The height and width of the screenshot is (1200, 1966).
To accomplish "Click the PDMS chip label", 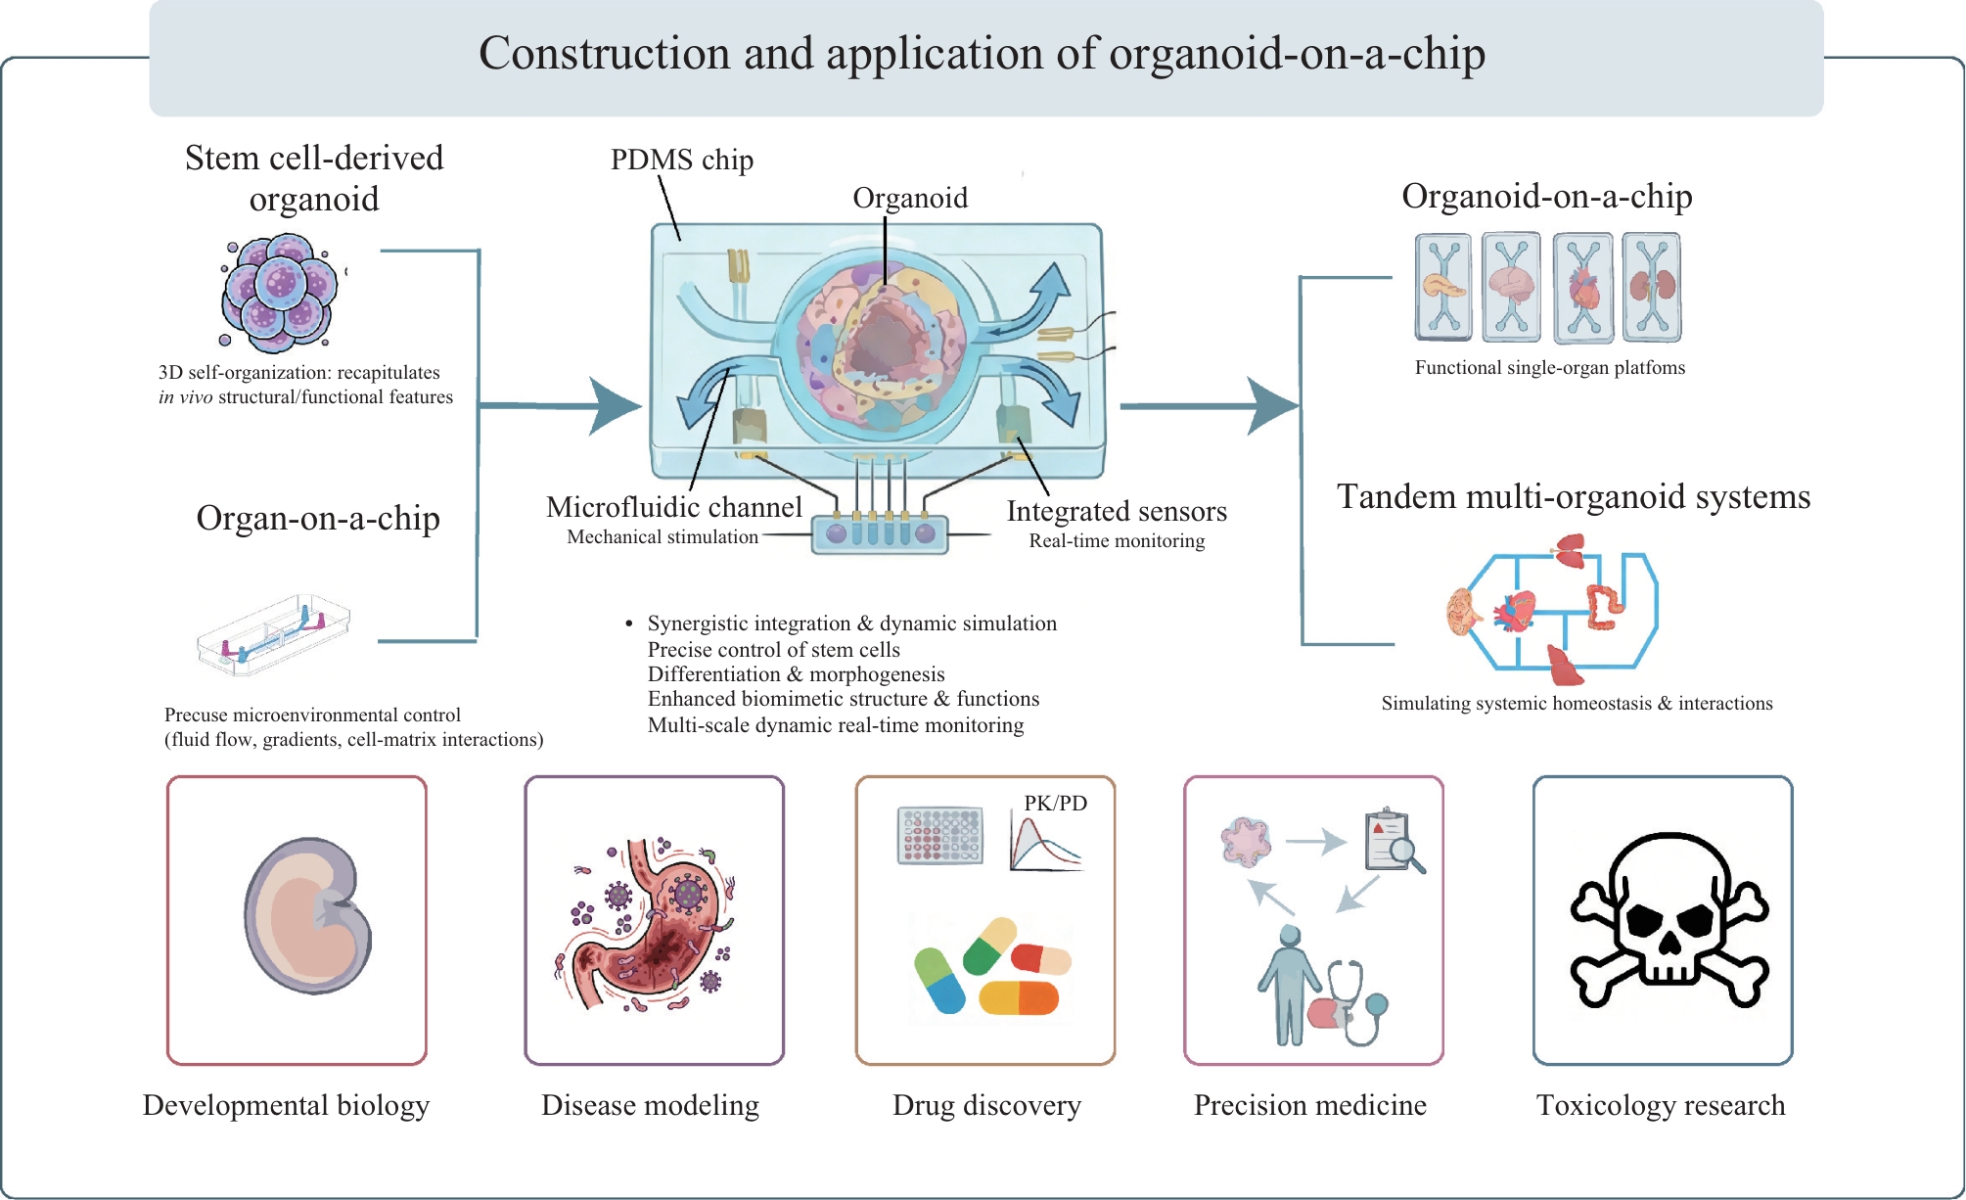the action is click(682, 160).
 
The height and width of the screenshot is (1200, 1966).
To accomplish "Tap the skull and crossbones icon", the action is click(1669, 920).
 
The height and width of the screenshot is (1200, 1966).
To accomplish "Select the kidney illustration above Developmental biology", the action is click(307, 916).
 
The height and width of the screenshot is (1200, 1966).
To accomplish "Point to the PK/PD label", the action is click(1055, 803).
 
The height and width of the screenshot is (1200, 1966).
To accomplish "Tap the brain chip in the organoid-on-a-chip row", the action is click(1511, 287).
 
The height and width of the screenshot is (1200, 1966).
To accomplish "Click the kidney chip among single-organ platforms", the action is click(1652, 287).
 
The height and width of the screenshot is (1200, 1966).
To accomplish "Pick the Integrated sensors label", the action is click(1117, 511).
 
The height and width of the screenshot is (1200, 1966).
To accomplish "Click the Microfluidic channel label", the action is click(674, 507).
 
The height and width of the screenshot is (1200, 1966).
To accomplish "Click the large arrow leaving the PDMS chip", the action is click(1210, 405).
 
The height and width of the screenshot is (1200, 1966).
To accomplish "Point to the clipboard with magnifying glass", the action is click(1394, 840).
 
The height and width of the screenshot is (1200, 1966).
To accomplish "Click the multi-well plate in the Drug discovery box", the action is click(939, 835).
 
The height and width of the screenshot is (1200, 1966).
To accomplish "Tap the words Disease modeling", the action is click(650, 1105).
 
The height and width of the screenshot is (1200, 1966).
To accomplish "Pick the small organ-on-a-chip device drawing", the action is click(273, 635).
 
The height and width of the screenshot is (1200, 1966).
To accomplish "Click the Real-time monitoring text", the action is click(1117, 540).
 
